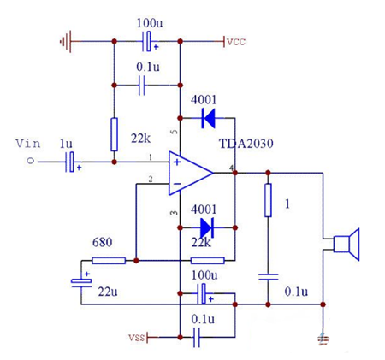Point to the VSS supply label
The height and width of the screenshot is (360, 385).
138,338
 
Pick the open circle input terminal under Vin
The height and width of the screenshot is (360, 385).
32,161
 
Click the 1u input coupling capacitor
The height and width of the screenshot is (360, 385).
72,161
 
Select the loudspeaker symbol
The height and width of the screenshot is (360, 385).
346,245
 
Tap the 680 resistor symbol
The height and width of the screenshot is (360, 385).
109,260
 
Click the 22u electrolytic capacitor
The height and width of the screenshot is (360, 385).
81,283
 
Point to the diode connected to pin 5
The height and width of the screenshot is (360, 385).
206,119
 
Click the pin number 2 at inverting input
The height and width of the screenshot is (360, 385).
151,180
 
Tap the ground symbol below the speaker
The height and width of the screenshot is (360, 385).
323,339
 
